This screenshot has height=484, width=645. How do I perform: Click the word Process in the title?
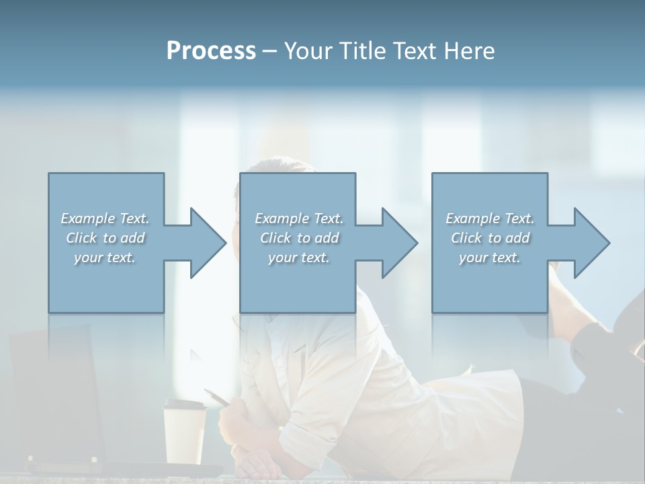(x=211, y=51)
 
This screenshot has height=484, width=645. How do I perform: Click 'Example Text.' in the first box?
(x=105, y=218)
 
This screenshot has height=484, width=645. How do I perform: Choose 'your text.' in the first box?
(x=105, y=257)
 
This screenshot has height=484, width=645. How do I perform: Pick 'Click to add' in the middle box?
(x=299, y=238)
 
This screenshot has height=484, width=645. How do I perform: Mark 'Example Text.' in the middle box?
(x=299, y=218)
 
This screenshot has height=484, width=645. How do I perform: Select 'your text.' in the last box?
(x=490, y=257)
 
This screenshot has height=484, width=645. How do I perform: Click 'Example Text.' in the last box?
(x=490, y=218)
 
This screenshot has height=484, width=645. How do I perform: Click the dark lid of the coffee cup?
(x=184, y=405)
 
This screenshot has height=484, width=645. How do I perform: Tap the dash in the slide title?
(x=270, y=51)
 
